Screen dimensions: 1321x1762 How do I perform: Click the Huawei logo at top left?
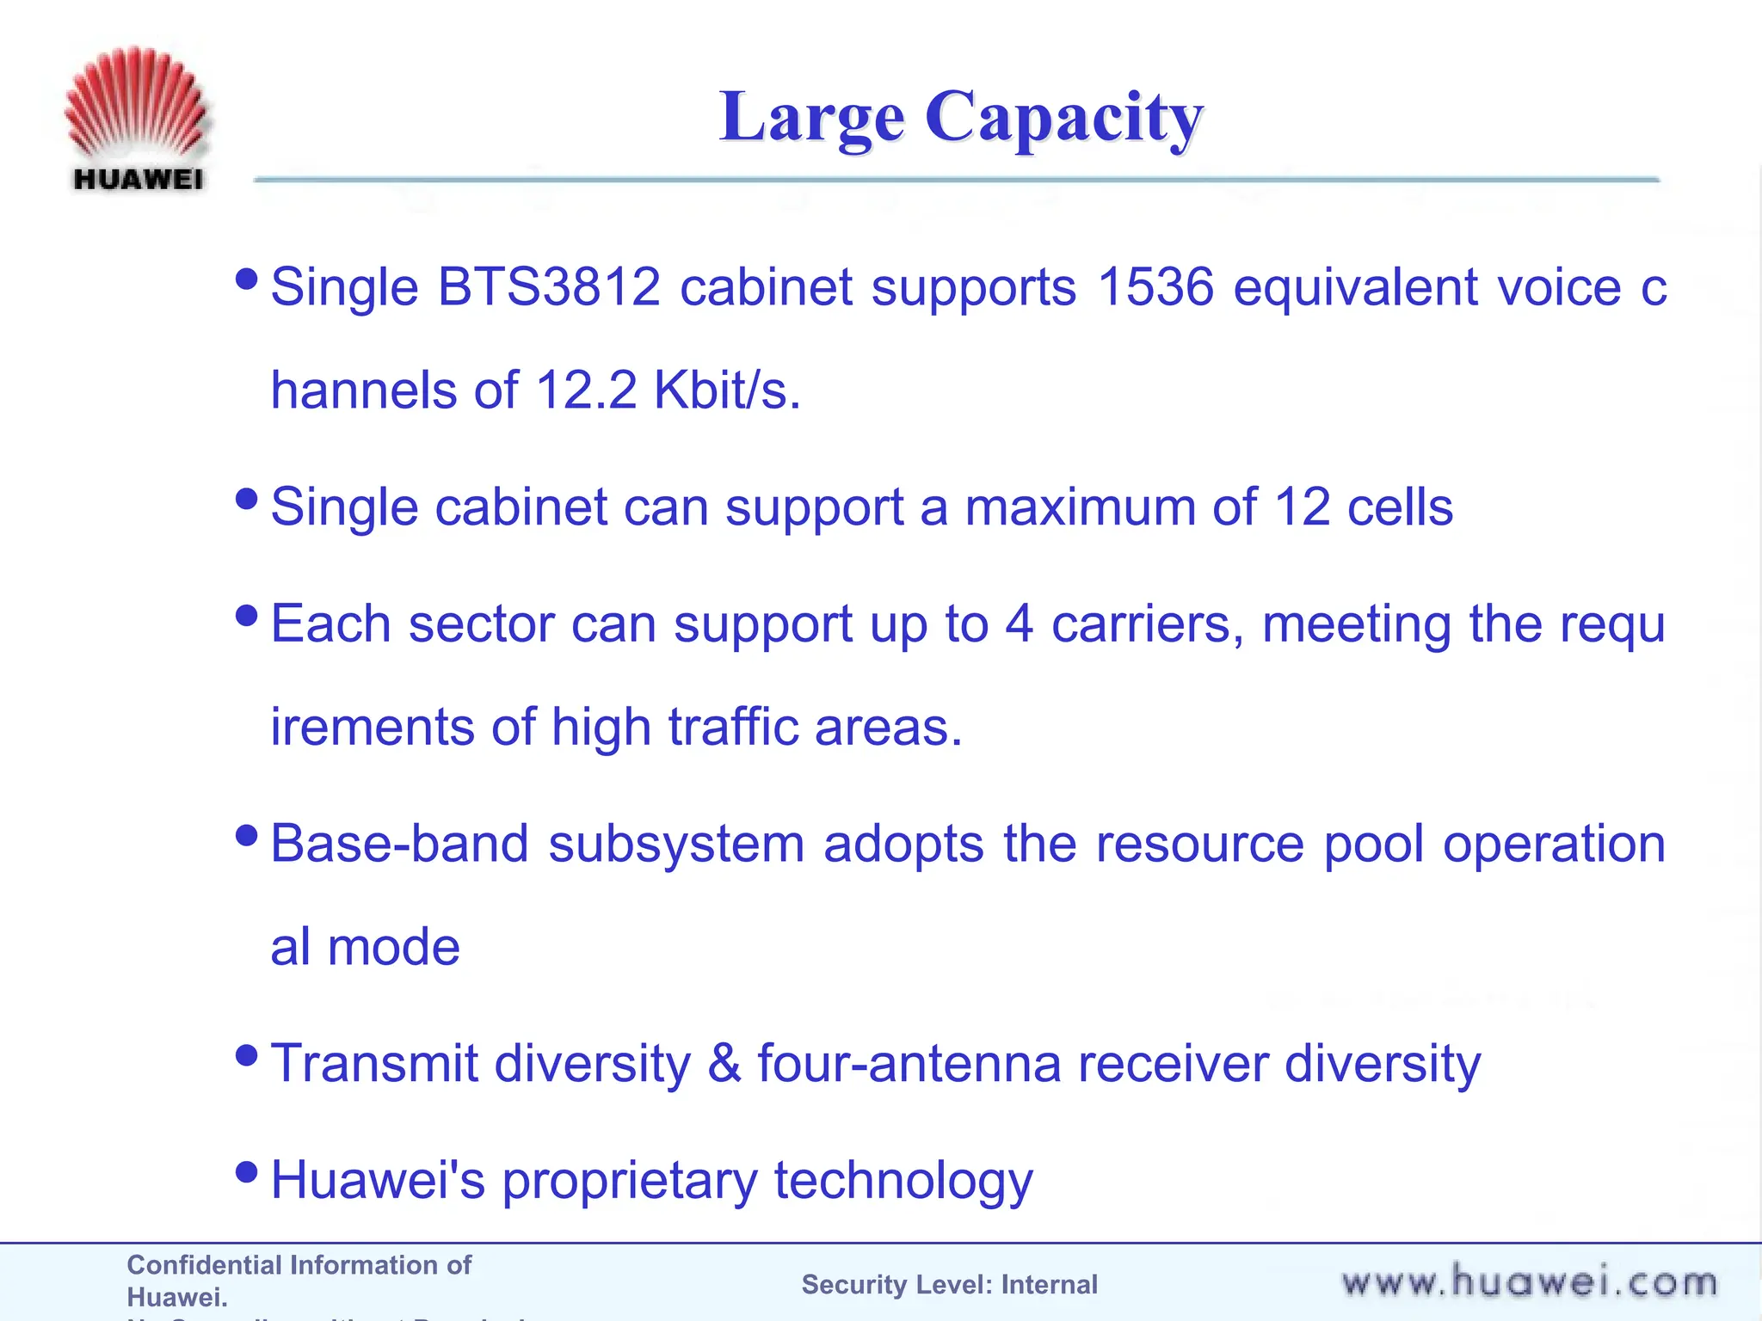(x=137, y=119)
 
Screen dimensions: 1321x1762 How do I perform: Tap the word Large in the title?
(x=811, y=118)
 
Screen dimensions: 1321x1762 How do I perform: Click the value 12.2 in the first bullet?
(x=586, y=390)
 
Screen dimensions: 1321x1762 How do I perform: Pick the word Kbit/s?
(x=727, y=390)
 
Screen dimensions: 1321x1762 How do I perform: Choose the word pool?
(x=1374, y=845)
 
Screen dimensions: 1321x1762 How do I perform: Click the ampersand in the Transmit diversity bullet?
(x=724, y=1064)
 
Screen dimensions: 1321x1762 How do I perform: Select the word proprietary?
(x=629, y=1182)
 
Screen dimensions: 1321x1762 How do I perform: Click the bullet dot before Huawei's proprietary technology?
(x=246, y=1171)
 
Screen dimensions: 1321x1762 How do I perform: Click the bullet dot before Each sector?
(x=246, y=615)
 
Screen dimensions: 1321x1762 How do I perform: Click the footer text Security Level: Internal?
(x=949, y=1284)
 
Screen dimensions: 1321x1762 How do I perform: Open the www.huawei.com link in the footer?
(x=1529, y=1282)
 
